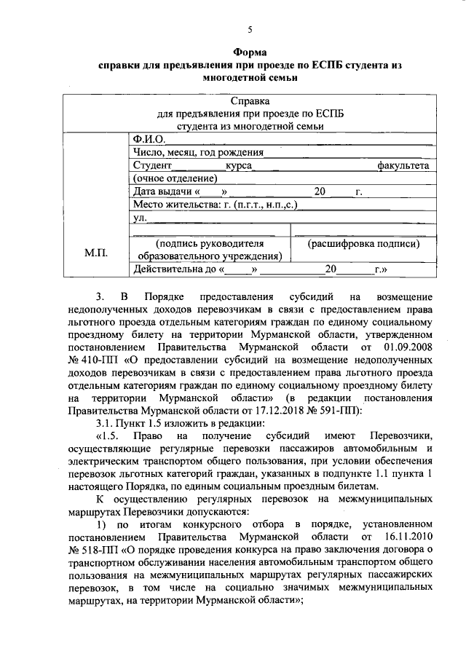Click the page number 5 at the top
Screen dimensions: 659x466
(250, 30)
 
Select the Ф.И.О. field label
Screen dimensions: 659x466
(146, 139)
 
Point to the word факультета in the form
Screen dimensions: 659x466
(403, 166)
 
